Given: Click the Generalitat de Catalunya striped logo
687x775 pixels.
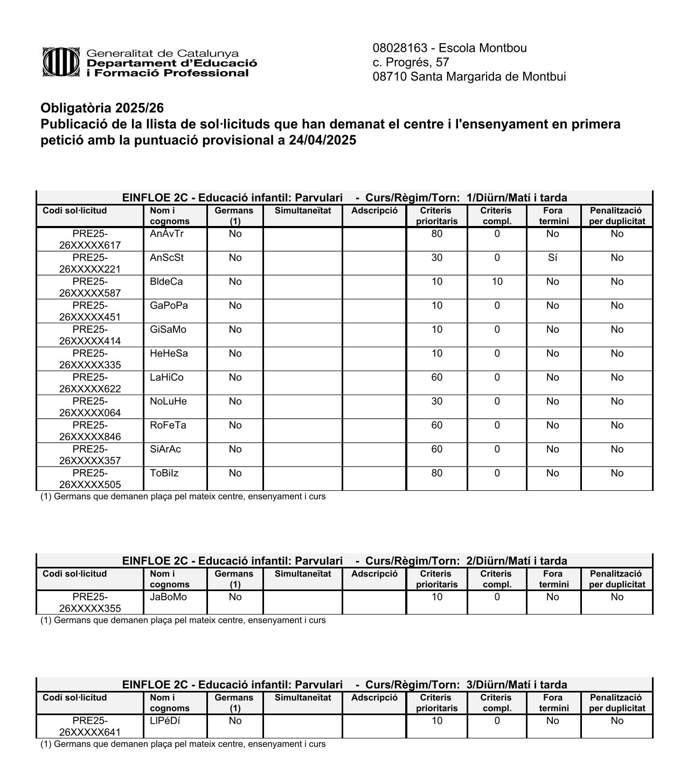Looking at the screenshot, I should pyautogui.click(x=61, y=62).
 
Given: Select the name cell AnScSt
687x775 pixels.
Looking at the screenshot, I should pyautogui.click(x=166, y=258).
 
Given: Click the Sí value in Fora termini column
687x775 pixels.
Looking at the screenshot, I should pyautogui.click(x=552, y=258).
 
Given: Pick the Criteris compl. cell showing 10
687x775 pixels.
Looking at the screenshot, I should pyautogui.click(x=496, y=282).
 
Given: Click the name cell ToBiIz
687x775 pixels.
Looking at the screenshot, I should pyautogui.click(x=164, y=473).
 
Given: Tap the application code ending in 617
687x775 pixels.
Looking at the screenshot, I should pyautogui.click(x=90, y=239).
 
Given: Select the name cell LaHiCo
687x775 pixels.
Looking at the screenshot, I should pyautogui.click(x=166, y=378).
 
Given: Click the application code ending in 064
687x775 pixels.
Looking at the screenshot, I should pyautogui.click(x=90, y=407).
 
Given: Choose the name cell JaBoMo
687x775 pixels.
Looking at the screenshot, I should pyautogui.click(x=168, y=597).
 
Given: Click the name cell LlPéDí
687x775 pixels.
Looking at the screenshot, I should pyautogui.click(x=165, y=721).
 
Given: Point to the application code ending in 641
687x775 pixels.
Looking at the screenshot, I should pyautogui.click(x=90, y=726).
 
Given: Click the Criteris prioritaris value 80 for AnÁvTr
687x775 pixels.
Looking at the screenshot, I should pyautogui.click(x=436, y=234).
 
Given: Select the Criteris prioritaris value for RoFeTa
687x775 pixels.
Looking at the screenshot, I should pyautogui.click(x=436, y=426).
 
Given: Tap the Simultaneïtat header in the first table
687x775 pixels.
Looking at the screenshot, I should pyautogui.click(x=302, y=211).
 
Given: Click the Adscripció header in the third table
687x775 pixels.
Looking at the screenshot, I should pyautogui.click(x=374, y=697).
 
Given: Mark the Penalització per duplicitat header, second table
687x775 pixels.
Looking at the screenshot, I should pyautogui.click(x=616, y=579).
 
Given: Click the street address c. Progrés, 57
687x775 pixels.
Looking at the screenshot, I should pyautogui.click(x=411, y=62).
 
